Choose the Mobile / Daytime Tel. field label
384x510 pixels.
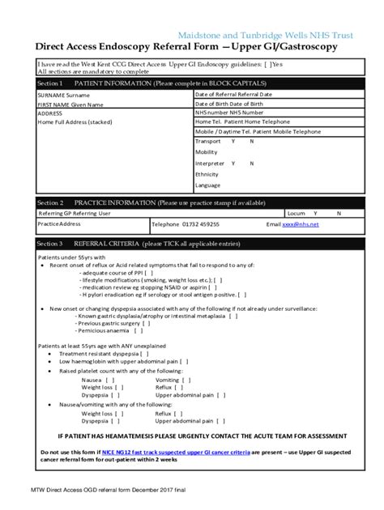[x=248, y=130]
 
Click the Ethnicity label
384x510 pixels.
[x=207, y=174]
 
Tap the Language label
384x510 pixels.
[x=208, y=185]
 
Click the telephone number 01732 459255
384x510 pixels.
[x=202, y=224]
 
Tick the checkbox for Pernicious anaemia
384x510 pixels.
[x=139, y=330]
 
